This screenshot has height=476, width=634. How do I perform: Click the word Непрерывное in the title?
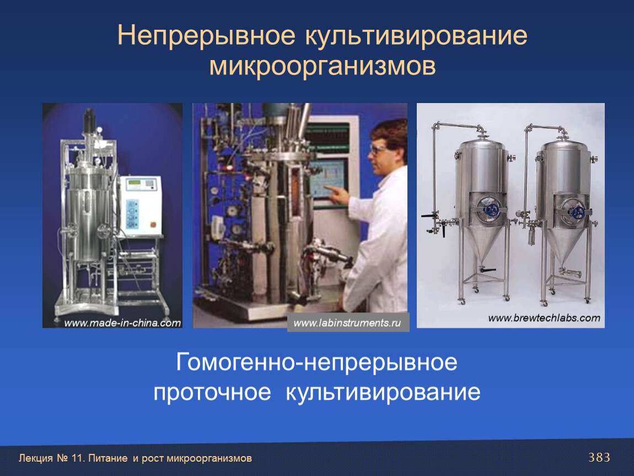206,36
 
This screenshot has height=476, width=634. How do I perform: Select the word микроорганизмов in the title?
323,66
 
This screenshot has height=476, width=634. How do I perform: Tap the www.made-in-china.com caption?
122,323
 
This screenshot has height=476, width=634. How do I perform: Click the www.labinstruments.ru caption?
347,323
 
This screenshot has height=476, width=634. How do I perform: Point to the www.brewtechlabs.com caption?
544,318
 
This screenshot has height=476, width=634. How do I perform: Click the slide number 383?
599,457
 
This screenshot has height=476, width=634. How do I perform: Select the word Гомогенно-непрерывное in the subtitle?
316,362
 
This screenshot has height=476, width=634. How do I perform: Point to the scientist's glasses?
378,150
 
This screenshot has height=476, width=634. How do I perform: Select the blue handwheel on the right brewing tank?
578,212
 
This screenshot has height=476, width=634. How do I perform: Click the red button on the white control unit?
153,225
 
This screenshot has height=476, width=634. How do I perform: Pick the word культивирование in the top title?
416,36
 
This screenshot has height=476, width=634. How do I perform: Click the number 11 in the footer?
76,458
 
